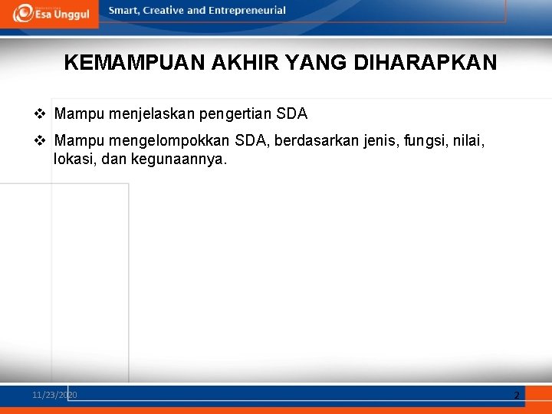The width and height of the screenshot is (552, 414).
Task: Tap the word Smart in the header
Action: (x=123, y=11)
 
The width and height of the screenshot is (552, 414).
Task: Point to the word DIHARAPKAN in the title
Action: (x=426, y=62)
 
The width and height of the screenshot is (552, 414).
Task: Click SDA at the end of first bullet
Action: (x=292, y=114)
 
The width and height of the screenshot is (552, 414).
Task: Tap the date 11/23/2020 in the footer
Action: (x=54, y=395)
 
